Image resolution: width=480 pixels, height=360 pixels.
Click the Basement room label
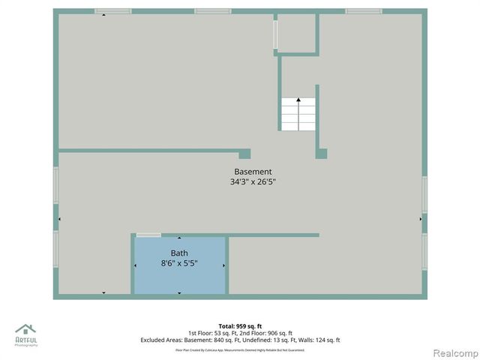point(253,172)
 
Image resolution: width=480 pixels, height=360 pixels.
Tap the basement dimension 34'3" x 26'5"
point(253,181)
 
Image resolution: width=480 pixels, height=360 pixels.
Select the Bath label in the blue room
point(179,253)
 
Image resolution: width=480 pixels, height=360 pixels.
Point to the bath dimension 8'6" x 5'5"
point(179,263)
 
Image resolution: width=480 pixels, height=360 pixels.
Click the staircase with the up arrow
point(298,115)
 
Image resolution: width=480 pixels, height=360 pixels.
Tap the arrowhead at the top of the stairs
point(298,99)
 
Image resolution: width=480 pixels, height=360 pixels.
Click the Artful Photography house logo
point(25,330)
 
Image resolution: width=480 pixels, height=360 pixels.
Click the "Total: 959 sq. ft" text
point(240,326)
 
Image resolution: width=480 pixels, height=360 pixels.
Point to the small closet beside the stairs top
point(297,33)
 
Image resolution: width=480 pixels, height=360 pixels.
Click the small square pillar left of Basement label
point(244,154)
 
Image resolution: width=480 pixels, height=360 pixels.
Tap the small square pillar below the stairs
point(321,154)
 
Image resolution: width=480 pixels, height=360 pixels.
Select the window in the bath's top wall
point(148,235)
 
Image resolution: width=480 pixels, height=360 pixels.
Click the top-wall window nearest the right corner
point(364,11)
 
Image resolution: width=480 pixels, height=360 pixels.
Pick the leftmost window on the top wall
point(113,11)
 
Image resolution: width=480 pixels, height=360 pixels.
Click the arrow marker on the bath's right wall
point(224,265)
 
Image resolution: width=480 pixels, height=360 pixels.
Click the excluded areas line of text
point(240,340)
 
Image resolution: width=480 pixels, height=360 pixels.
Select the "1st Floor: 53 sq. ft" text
point(214,333)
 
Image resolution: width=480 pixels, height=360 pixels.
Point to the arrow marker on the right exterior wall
point(421,218)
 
